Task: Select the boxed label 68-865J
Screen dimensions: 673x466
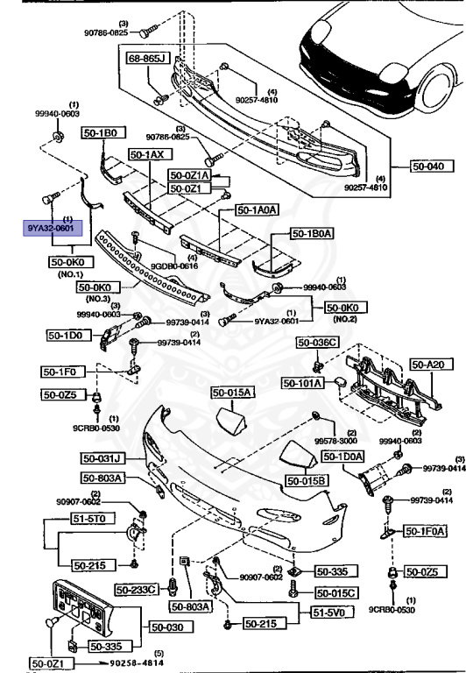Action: click(x=146, y=60)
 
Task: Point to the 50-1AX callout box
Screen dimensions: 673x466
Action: click(x=147, y=154)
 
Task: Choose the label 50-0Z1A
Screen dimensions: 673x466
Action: click(x=188, y=175)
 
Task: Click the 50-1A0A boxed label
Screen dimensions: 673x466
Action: click(x=257, y=210)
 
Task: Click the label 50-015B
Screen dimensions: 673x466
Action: click(x=306, y=481)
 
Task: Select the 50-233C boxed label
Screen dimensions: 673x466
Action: click(x=140, y=589)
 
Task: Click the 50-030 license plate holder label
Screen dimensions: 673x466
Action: click(x=166, y=627)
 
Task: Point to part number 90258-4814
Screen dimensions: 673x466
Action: click(x=131, y=662)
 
